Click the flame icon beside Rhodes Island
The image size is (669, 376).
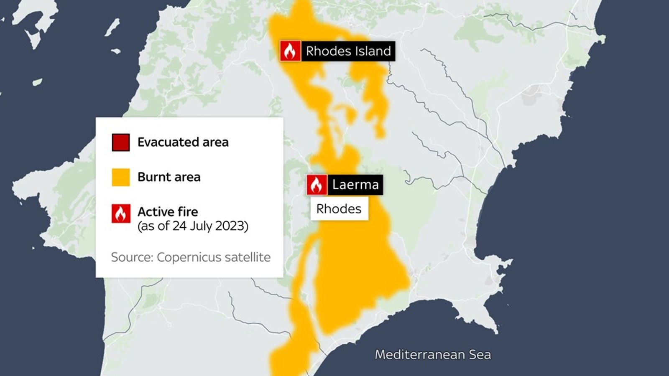(x=290, y=51)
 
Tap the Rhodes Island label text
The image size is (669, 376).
(x=348, y=51)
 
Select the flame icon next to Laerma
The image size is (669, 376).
(x=317, y=185)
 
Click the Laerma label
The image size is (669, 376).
(x=355, y=185)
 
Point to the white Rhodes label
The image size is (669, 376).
(x=339, y=208)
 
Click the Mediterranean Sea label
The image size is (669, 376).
(x=433, y=355)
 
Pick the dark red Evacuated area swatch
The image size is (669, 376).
(x=120, y=142)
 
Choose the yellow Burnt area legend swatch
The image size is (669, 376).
(x=120, y=177)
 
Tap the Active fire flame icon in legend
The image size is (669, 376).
(x=120, y=213)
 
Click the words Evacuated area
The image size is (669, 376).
(x=183, y=142)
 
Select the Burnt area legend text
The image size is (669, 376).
(x=169, y=177)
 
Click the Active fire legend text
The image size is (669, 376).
(x=168, y=212)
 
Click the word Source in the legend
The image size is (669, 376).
(x=131, y=257)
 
